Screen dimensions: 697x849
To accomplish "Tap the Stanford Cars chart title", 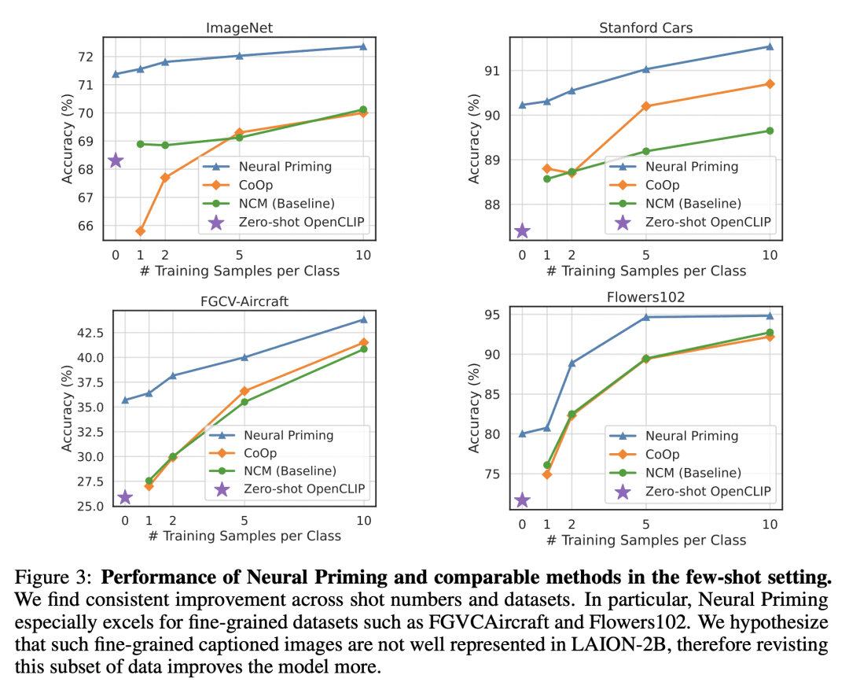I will tap(645, 28).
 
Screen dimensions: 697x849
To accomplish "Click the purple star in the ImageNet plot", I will tap(116, 160).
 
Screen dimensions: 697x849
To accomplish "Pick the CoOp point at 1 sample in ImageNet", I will tap(140, 231).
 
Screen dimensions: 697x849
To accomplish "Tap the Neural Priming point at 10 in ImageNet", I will tap(363, 46).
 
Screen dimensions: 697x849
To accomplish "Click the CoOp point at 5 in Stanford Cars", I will tap(646, 106).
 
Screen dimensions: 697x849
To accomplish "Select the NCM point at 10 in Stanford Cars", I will tap(770, 131).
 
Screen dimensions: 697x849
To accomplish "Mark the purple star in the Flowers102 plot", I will tap(522, 500).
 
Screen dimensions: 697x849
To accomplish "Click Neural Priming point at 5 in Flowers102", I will tap(646, 317).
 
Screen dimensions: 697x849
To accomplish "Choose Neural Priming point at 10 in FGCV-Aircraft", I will tap(363, 319).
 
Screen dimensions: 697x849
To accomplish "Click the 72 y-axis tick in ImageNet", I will tap(86, 57).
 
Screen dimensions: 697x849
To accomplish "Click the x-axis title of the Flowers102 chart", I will tap(646, 540).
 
